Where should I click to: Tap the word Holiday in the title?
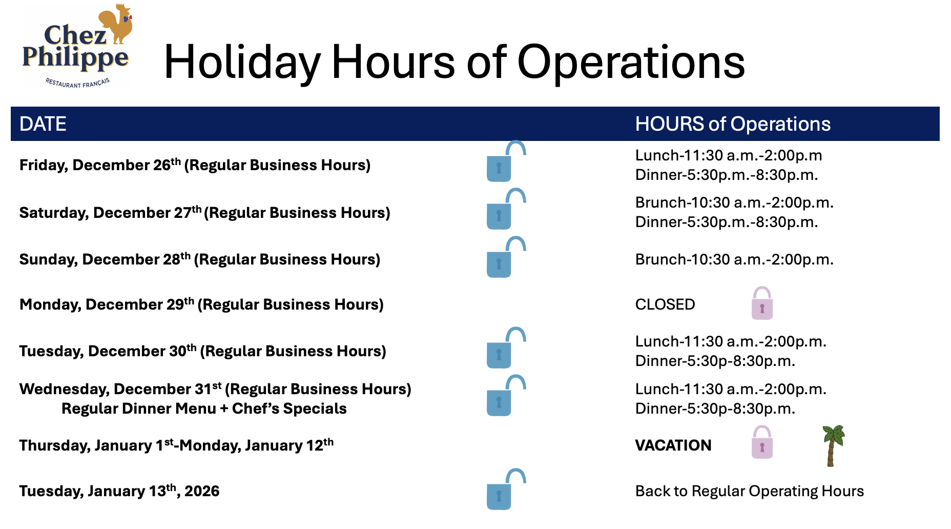242,63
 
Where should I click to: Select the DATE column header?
43,124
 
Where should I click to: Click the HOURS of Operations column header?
733,124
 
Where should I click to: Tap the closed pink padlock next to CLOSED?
762,303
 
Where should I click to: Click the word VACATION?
673,445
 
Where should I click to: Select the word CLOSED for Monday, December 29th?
665,304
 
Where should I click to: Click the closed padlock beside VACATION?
762,442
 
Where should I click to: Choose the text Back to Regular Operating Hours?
750,491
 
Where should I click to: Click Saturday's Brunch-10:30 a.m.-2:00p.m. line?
734,203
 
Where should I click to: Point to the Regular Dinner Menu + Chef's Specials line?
204,409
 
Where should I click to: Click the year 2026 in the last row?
202,491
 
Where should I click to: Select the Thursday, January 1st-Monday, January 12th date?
176,445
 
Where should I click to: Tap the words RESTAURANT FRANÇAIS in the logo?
77,83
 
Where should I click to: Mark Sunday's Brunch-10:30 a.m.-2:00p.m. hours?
734,260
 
